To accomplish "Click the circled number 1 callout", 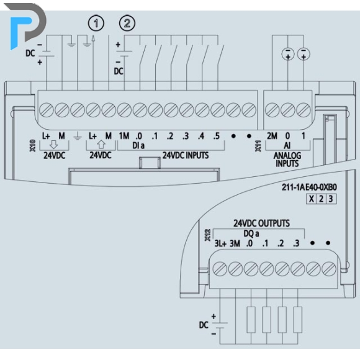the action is coord(96,23).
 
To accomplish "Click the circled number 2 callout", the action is coord(127,23).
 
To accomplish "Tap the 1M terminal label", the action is coord(124,136).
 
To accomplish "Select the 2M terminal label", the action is coord(272,136).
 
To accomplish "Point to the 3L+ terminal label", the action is coord(220,243).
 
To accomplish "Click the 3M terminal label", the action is coord(235,243).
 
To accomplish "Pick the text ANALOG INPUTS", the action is coord(287,160).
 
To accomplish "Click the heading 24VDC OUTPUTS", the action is coord(261,223).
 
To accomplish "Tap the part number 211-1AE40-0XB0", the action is coord(309,187).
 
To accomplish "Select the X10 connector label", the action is coord(33,146).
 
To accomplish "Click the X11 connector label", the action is coord(258,146).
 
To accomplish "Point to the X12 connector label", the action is coord(207,235).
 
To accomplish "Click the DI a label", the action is coord(138,145).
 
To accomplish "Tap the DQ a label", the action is coord(251,233).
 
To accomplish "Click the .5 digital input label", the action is coord(216,136).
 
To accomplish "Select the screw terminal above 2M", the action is coord(272,110).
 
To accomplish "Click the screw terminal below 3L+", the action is coord(220,269).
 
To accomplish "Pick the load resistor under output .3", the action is coord(298,320).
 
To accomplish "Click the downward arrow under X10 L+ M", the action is coord(54,145).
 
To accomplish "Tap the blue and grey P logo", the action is coord(28,25).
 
